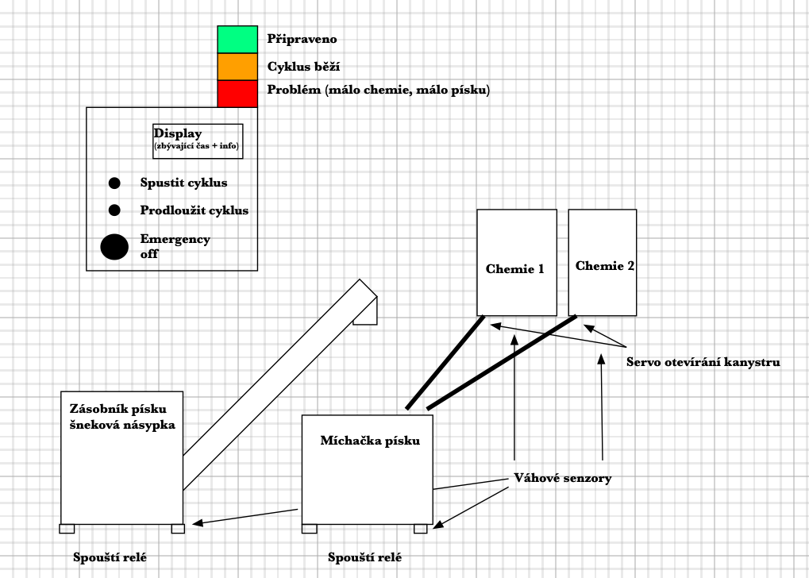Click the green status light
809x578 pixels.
(237, 39)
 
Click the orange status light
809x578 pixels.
(237, 66)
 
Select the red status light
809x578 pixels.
(237, 92)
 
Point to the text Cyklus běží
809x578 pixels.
(303, 66)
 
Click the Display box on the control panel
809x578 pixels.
(198, 141)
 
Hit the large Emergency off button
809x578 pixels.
(114, 247)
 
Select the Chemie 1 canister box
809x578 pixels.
(516, 262)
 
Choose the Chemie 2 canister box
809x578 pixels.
(603, 262)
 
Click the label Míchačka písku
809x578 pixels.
(369, 441)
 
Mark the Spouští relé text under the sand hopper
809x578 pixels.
(110, 557)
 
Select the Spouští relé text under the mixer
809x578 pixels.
(364, 557)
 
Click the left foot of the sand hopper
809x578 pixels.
(67, 529)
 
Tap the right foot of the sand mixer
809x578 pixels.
(420, 529)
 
